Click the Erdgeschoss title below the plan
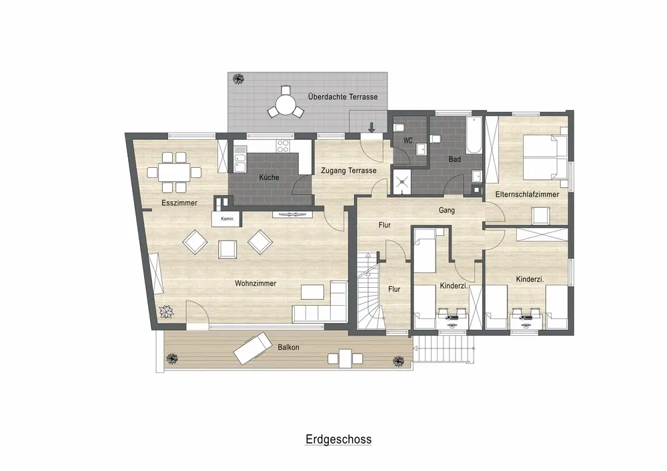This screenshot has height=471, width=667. coord(338,439)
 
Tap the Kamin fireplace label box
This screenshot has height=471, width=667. coord(227,219)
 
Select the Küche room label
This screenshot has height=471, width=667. coord(269,177)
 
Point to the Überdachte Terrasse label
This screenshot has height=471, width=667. coord(343,97)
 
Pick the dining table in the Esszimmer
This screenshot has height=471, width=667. coord(174,173)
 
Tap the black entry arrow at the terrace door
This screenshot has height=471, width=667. coord(372,127)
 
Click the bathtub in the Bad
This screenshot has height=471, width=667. coord(474,135)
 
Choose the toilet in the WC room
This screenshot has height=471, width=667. coord(399,127)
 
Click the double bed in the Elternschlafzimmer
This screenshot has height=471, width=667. coord(545,157)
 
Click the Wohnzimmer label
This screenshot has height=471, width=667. coord(255,283)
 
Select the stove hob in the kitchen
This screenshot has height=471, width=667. coord(283,146)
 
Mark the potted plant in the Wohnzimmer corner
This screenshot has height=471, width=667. coord(166,312)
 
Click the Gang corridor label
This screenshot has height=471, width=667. coord(447,211)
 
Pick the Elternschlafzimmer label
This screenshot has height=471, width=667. coord(527,195)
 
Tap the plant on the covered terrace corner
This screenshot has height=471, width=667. coord(238,79)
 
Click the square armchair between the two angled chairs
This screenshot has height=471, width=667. coord(227,249)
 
